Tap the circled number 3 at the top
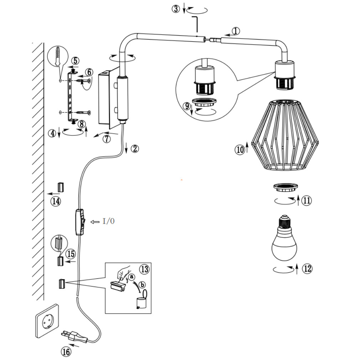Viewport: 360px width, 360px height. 176,9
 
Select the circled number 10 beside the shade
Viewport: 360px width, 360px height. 240,150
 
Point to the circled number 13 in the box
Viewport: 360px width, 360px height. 144,269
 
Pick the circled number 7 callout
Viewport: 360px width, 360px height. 107,139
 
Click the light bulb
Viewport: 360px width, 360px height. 284,241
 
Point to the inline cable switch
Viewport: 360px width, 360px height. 80,222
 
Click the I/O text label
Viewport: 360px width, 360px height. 108,221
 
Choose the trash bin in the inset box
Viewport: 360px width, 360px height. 142,300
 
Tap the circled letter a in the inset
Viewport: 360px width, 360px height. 132,276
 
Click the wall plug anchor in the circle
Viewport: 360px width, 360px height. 57,57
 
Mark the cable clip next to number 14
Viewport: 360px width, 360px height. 60,187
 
